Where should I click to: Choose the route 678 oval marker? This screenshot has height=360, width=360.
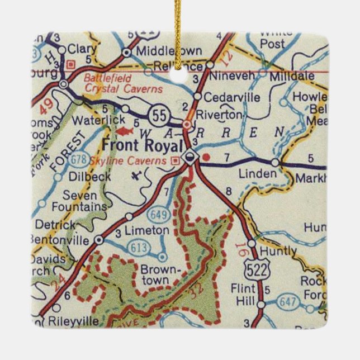coord(78,159)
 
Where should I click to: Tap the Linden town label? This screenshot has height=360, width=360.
coord(257,173)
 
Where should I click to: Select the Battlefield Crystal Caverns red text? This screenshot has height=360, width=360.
coord(123,83)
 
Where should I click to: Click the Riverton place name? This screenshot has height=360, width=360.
coord(223,114)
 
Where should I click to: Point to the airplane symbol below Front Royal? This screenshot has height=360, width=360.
coord(136,176)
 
